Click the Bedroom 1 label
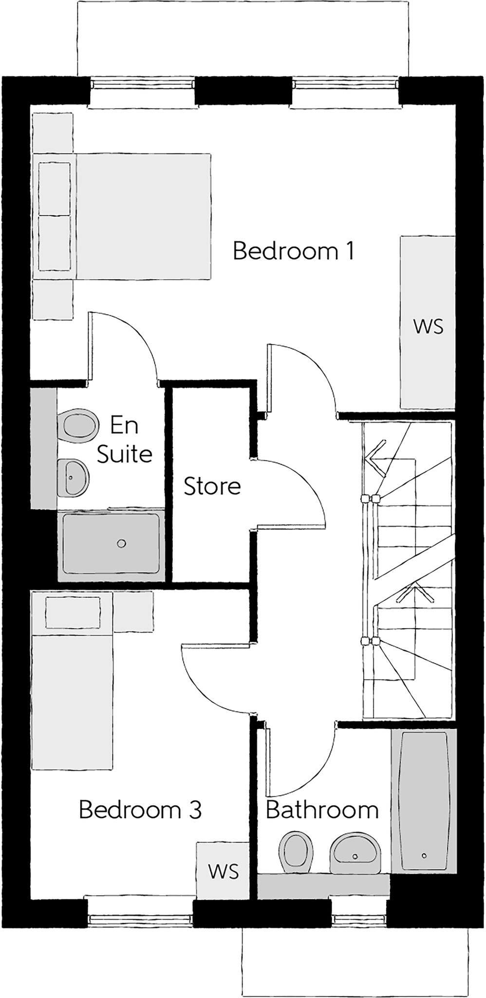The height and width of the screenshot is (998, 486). [x=293, y=251]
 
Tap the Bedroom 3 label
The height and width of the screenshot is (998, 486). [x=140, y=809]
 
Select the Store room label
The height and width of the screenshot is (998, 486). [x=212, y=486]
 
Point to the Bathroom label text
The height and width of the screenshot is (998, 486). [x=322, y=810]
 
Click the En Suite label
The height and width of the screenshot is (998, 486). [x=124, y=440]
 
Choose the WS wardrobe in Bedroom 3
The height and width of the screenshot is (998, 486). [x=224, y=871]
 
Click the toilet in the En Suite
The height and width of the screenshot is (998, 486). [x=77, y=425]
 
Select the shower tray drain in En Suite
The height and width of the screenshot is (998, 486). [x=122, y=543]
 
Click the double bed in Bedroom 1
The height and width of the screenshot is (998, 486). [x=141, y=217]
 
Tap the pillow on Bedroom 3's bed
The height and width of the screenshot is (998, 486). [x=73, y=613]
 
